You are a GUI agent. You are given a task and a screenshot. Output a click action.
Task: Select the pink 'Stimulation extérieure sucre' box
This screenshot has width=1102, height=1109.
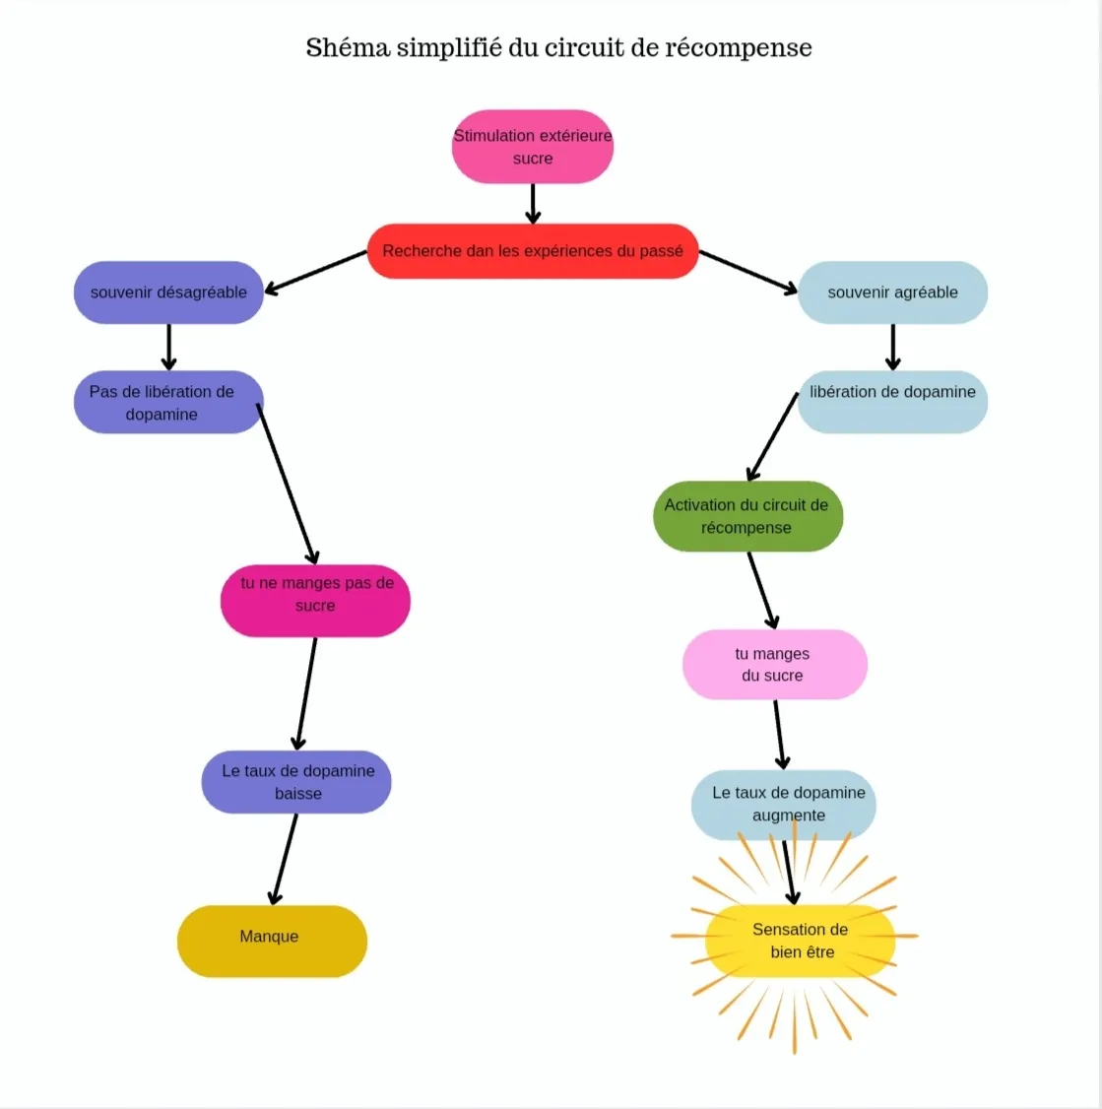click(x=533, y=147)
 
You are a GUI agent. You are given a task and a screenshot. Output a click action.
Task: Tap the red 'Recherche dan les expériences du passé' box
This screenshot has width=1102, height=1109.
click(x=533, y=251)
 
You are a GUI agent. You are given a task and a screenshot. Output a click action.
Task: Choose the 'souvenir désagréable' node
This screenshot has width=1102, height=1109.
click(x=168, y=293)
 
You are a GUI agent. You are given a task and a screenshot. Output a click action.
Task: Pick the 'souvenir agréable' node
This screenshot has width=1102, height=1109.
click(x=892, y=293)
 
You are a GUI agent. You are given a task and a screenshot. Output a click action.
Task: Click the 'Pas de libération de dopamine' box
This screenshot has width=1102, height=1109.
click(x=168, y=402)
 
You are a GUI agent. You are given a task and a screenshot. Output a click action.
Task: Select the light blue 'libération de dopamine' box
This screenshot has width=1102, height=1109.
click(x=892, y=402)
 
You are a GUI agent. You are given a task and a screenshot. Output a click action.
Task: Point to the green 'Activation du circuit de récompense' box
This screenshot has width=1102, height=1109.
click(x=747, y=516)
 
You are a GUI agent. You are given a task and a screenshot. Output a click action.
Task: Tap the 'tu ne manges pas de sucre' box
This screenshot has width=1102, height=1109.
click(x=315, y=601)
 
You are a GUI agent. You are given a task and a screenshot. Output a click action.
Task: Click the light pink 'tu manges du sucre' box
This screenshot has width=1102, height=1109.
click(x=774, y=664)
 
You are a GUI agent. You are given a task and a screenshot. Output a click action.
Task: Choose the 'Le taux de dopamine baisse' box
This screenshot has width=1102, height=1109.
click(x=296, y=782)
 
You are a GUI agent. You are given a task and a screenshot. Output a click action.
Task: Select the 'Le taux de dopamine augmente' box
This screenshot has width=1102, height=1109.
click(x=784, y=805)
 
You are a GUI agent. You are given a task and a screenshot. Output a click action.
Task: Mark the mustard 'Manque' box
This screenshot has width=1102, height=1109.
click(x=273, y=942)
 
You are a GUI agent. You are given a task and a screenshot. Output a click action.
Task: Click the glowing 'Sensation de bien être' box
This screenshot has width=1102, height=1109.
click(x=801, y=941)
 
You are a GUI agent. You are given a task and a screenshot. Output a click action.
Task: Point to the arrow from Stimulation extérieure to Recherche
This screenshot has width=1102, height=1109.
click(x=533, y=204)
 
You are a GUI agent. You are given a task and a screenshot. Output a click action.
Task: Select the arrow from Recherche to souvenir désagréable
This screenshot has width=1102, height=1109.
click(x=315, y=272)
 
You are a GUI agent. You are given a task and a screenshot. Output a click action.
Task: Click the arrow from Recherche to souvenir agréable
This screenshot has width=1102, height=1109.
click(x=748, y=272)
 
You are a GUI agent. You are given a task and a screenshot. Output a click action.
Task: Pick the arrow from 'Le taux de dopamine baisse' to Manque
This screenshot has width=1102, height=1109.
click(x=285, y=860)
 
